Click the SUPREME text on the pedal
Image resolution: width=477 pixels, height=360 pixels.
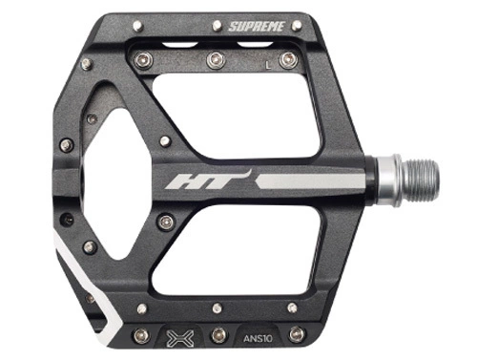(256, 27)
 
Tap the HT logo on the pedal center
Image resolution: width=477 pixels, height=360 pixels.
(208, 180)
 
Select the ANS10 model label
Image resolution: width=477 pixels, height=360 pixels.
(258, 338)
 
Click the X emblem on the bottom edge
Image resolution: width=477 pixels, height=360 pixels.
(180, 338)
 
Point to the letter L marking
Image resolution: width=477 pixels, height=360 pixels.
(269, 65)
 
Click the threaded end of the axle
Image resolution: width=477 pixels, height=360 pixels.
(420, 180)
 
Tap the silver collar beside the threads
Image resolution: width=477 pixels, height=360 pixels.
(388, 180)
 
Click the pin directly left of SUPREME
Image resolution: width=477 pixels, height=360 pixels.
(218, 26)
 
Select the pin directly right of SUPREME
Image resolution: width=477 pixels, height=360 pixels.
(298, 25)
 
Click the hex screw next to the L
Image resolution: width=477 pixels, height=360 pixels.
(288, 60)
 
